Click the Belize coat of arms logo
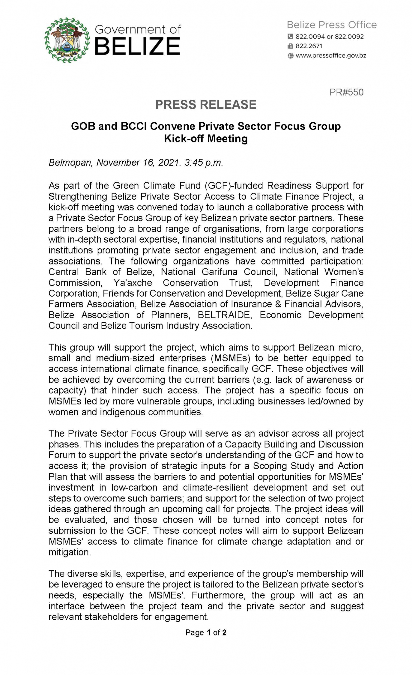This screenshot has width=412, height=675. click(67, 40)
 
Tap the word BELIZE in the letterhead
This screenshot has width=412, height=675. click(137, 46)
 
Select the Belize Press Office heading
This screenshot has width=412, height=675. click(332, 25)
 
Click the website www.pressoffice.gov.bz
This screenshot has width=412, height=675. click(330, 56)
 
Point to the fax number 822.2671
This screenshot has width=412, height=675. click(309, 46)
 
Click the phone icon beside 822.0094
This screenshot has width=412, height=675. click(290, 36)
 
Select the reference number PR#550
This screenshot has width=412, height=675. click(346, 92)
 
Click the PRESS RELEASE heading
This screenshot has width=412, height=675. click(205, 105)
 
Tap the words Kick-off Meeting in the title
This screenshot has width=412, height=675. click(205, 139)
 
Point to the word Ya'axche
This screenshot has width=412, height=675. click(133, 282)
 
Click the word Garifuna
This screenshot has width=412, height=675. click(219, 272)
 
